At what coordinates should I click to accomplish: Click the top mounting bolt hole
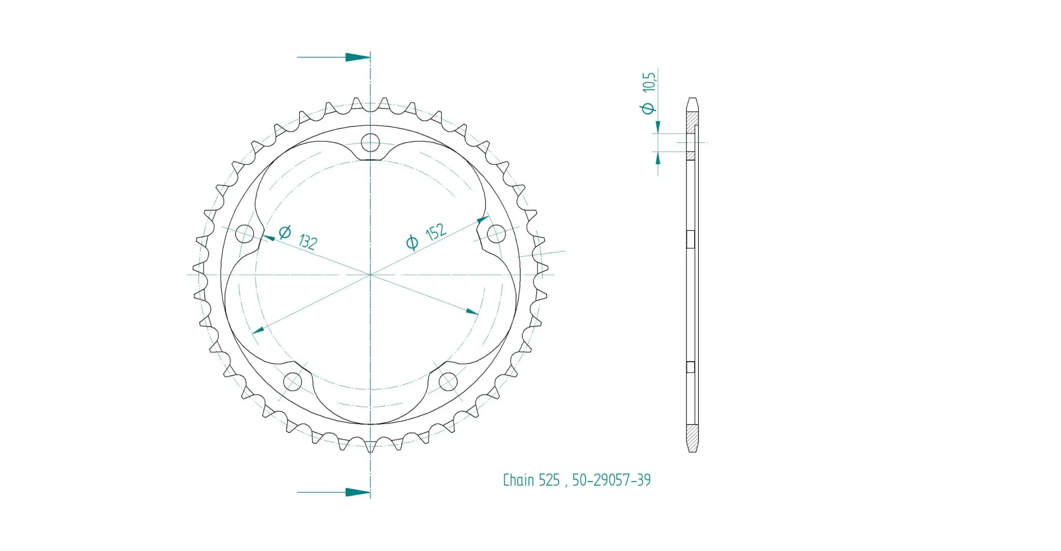tap(370, 142)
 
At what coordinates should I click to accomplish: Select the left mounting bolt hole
tap(245, 234)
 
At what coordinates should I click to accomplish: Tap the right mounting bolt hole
tap(496, 234)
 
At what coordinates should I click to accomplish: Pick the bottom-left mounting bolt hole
tap(293, 382)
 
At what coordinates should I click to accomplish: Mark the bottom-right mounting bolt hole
tap(448, 382)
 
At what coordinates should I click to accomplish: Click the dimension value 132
tap(308, 242)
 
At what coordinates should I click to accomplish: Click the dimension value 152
tap(436, 233)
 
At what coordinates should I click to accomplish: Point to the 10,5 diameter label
tap(649, 82)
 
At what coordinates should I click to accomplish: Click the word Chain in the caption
tap(518, 481)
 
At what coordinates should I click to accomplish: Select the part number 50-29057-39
tap(611, 481)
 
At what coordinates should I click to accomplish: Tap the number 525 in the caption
tap(549, 481)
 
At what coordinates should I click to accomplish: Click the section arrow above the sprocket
tap(357, 57)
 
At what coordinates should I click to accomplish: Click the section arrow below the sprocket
tap(357, 492)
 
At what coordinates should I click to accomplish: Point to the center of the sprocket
tap(370, 274)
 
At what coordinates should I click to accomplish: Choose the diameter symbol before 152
tap(412, 242)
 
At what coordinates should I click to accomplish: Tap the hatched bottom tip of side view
tap(692, 438)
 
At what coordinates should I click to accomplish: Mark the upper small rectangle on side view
tap(690, 239)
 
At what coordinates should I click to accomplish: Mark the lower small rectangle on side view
tap(690, 367)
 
